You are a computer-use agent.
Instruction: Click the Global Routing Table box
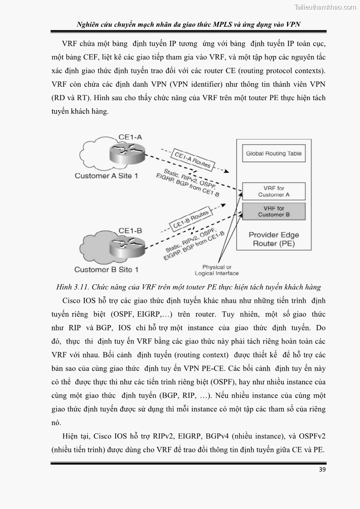(273, 154)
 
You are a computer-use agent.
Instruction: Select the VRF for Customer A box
(273, 191)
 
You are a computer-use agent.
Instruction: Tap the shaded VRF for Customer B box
(273, 211)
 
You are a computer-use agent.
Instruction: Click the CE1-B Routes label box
(190, 219)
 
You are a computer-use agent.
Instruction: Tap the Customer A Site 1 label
(106, 175)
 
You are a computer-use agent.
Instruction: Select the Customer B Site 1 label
(106, 270)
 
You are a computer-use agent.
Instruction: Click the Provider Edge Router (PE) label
(274, 239)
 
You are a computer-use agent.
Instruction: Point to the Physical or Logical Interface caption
(216, 270)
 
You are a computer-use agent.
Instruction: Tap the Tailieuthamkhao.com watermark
(325, 7)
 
